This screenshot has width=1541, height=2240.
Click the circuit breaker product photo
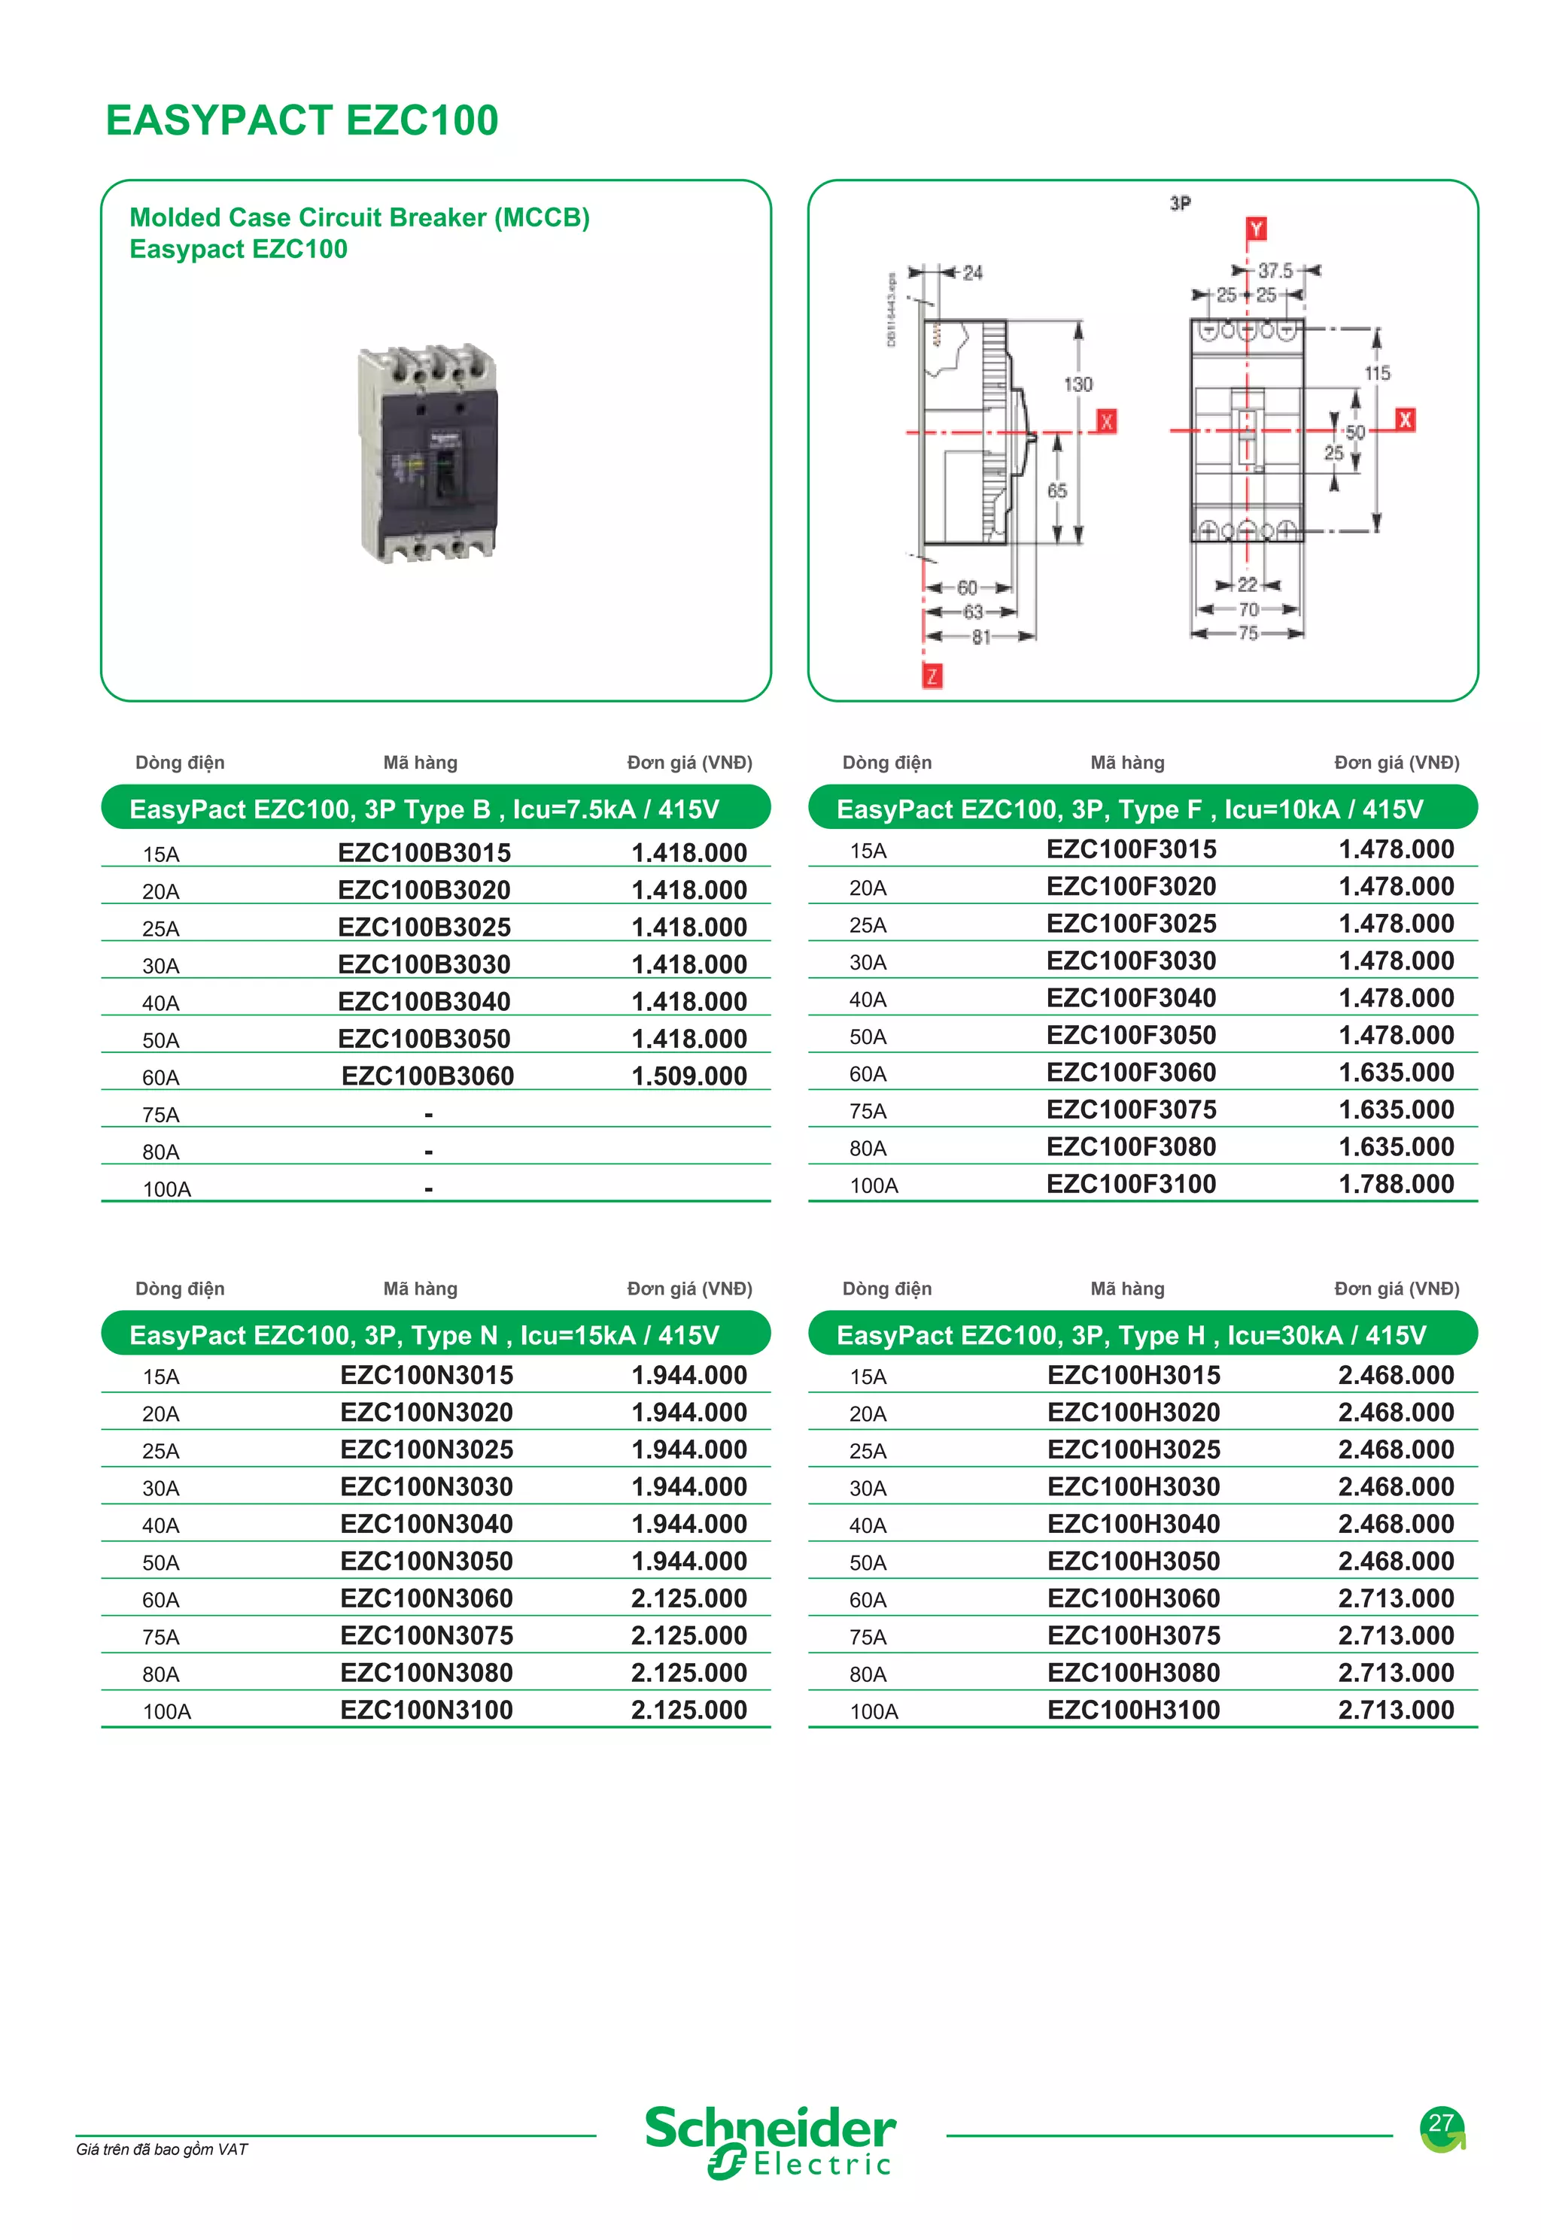(x=427, y=453)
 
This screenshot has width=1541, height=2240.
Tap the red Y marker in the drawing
(x=1255, y=229)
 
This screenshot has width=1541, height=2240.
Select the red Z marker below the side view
(x=932, y=675)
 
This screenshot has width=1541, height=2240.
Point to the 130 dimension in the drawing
(x=1077, y=384)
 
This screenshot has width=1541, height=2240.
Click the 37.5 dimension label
(x=1275, y=272)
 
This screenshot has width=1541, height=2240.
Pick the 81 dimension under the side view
(x=981, y=637)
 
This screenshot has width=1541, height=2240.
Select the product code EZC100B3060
(x=427, y=1076)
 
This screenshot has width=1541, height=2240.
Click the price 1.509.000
(x=688, y=1076)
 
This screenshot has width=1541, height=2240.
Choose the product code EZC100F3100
(x=1131, y=1184)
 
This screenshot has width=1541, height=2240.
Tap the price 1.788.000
(x=1397, y=1184)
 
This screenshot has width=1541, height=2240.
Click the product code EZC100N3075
(x=427, y=1636)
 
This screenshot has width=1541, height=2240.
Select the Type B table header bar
(x=436, y=809)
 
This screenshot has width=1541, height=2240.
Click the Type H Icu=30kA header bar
(x=1142, y=1334)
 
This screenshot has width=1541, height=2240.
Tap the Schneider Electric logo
(x=770, y=2141)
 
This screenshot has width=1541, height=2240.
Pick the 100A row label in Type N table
(x=167, y=1712)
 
